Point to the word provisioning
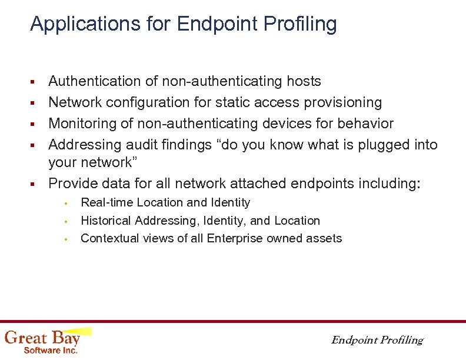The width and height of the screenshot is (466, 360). (x=343, y=103)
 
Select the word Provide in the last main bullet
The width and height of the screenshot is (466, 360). (x=72, y=184)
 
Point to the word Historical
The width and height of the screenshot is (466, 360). (x=106, y=221)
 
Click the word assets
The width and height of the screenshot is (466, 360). (x=324, y=238)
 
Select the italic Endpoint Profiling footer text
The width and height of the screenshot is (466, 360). (x=377, y=340)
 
